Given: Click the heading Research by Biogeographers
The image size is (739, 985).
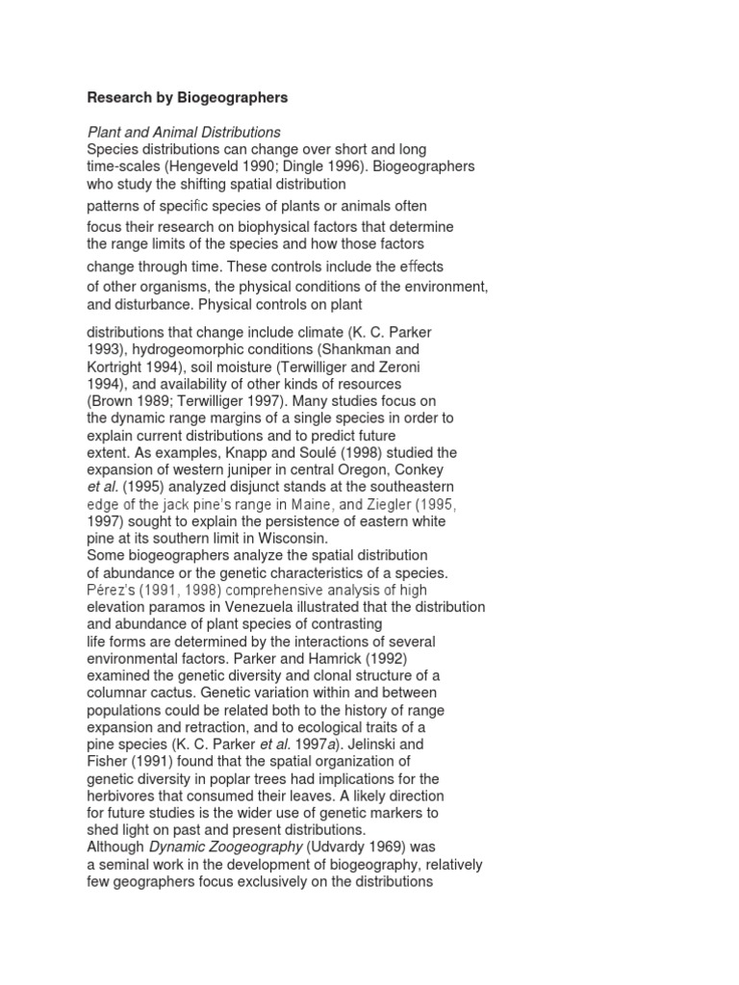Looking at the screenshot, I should [187, 98].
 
